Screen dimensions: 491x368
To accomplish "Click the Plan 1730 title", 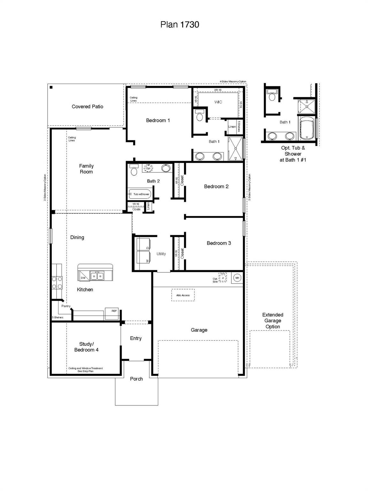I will pyautogui.click(x=180, y=25).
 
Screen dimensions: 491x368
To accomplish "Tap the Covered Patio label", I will pyautogui.click(x=87, y=106).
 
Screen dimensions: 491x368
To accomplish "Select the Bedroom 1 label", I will pyautogui.click(x=158, y=121).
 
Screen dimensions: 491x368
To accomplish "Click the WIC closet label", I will pyautogui.click(x=218, y=102).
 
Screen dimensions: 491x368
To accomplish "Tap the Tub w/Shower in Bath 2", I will pyautogui.click(x=140, y=194).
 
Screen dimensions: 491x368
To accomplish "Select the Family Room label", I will pyautogui.click(x=86, y=169).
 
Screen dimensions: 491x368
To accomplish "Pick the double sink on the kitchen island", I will pyautogui.click(x=97, y=276).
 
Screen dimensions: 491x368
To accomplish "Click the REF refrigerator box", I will pyautogui.click(x=112, y=314).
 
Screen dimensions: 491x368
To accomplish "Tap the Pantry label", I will pyautogui.click(x=66, y=306).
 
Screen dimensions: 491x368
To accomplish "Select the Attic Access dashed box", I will pyautogui.click(x=183, y=295).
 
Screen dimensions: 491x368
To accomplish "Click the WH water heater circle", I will pyautogui.click(x=237, y=278).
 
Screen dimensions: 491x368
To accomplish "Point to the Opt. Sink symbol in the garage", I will pyautogui.click(x=223, y=277).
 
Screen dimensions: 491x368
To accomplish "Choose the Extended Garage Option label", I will pyautogui.click(x=272, y=321).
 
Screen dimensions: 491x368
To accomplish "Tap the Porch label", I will pyautogui.click(x=136, y=379).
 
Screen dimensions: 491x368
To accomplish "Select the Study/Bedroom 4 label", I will pyautogui.click(x=86, y=347).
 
